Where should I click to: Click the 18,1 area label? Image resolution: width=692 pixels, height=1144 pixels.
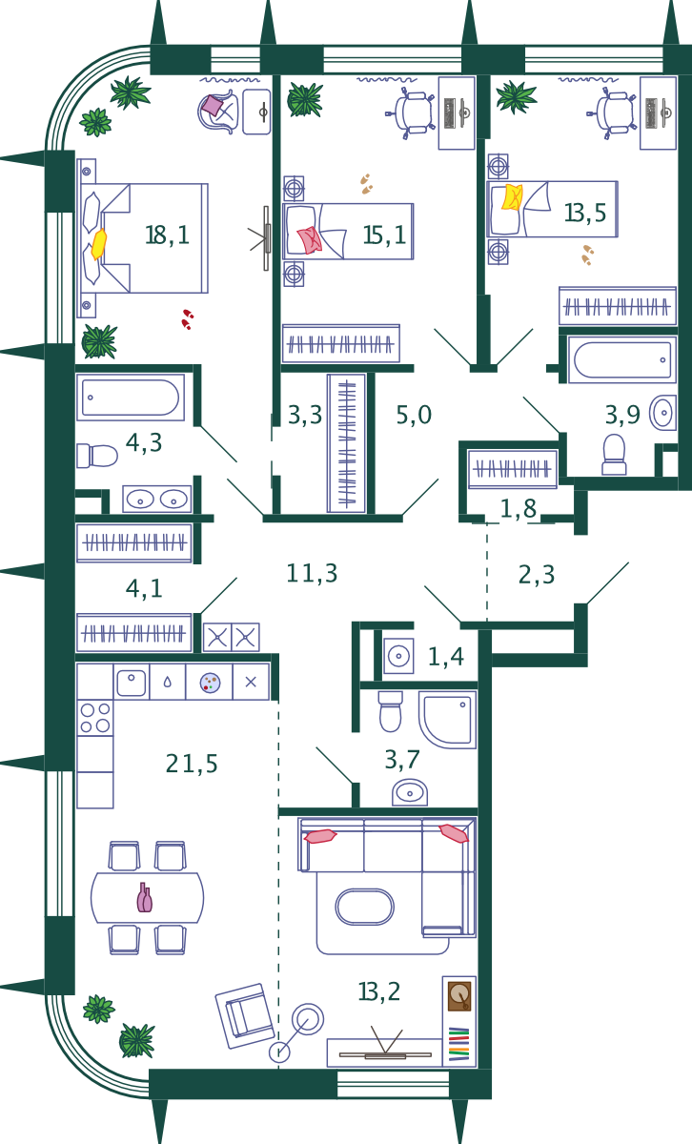pos(167,235)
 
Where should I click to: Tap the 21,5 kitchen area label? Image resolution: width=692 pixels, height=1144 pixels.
pos(192,764)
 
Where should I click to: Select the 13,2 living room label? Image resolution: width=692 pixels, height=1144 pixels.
pos(379,991)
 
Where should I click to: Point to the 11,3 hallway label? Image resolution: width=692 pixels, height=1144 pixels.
pos(312,573)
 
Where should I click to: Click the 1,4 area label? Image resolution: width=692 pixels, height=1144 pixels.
pos(446,656)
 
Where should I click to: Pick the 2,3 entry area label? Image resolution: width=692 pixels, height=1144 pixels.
pos(537,575)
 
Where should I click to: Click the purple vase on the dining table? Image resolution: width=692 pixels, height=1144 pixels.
pos(145,897)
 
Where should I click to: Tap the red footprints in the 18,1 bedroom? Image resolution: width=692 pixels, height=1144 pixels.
pos(188,319)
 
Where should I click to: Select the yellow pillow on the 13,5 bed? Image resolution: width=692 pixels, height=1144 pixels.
pos(512,197)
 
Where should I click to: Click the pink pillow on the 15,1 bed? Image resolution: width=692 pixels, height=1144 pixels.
pos(310,240)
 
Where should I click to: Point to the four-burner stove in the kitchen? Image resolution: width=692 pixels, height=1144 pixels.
pos(95,718)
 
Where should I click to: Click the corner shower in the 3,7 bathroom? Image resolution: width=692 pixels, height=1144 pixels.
pos(447,720)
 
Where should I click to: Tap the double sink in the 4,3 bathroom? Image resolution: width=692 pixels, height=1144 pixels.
pos(156,499)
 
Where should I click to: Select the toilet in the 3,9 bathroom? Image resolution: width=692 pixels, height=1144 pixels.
pos(614,455)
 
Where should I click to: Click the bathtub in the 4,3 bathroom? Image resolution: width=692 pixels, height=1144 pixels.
pos(131,398)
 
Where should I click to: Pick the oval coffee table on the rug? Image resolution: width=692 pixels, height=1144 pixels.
pos(365,907)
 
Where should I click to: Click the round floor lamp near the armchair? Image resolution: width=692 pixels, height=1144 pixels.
pos(308,1018)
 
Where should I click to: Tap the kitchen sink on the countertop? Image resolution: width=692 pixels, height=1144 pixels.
pos(132,682)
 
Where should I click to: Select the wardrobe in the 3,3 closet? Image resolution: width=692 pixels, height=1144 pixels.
pos(347,443)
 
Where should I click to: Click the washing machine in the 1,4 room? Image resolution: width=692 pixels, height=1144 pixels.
pos(398,656)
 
